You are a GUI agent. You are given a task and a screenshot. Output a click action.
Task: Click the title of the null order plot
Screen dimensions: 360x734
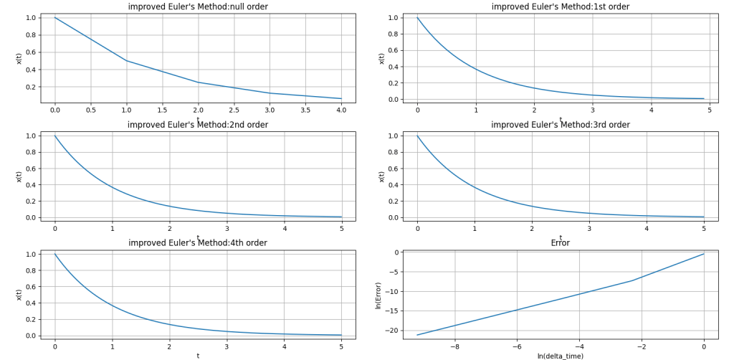(198, 6)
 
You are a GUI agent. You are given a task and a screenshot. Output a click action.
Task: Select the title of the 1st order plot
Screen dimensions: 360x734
(561, 6)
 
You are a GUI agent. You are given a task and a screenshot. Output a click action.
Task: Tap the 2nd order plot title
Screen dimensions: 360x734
(198, 125)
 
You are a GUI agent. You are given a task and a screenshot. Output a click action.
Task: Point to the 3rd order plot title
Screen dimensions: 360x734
(561, 125)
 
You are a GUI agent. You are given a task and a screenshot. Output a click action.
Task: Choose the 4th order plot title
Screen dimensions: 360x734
(198, 243)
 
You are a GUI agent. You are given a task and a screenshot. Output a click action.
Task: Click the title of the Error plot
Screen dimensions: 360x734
(561, 243)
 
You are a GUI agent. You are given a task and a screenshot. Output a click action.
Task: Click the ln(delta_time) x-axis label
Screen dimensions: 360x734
(561, 356)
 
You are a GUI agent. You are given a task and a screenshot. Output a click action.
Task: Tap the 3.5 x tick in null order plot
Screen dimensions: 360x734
(305, 110)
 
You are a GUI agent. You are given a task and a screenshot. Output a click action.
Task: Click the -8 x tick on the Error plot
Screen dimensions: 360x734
(454, 346)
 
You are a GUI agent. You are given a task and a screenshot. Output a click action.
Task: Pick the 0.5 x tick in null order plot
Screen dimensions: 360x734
(90, 110)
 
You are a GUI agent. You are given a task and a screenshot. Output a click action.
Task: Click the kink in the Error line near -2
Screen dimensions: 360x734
(631, 280)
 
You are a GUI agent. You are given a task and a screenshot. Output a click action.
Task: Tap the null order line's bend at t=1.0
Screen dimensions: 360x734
(127, 61)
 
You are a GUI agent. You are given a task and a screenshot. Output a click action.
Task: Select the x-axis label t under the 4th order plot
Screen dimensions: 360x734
(198, 356)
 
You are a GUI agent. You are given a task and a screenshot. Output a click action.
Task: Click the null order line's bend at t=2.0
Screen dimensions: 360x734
(199, 82)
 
